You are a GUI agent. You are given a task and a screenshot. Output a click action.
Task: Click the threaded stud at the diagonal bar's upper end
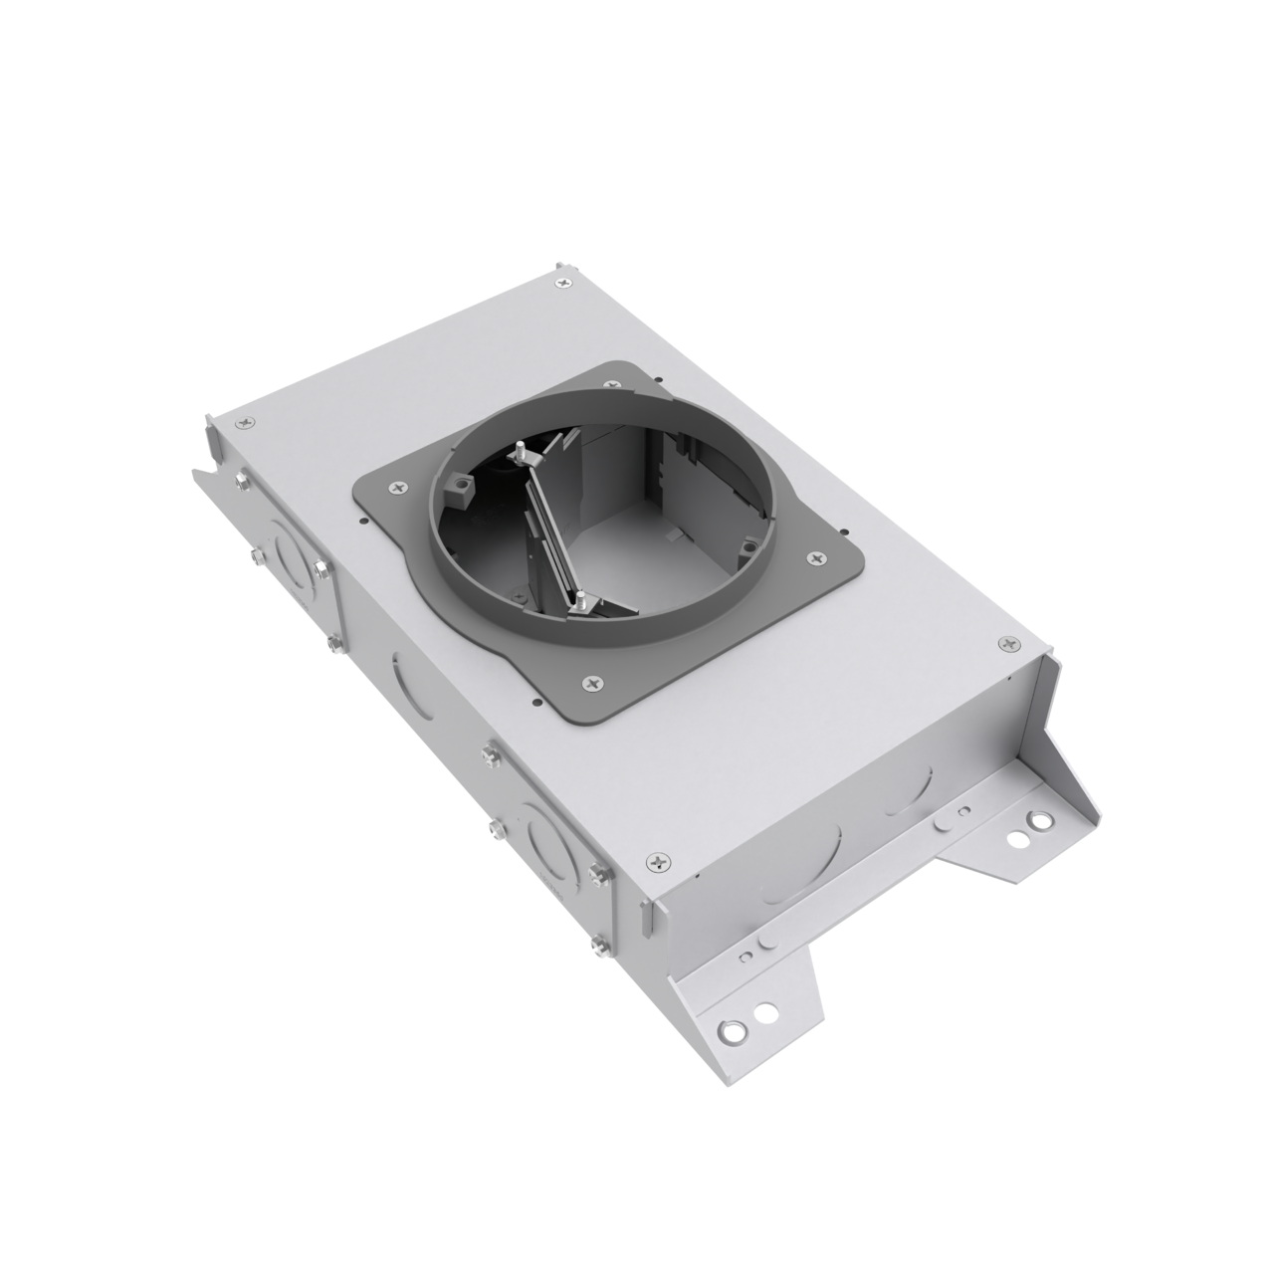click(520, 451)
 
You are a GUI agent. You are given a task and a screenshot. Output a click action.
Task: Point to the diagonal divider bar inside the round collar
click(549, 528)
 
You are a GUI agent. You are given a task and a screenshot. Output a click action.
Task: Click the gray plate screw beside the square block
click(399, 487)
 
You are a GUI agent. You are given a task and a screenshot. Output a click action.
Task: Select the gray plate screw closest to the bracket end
click(816, 557)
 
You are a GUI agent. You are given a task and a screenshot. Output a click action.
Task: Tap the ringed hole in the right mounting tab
click(1039, 822)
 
